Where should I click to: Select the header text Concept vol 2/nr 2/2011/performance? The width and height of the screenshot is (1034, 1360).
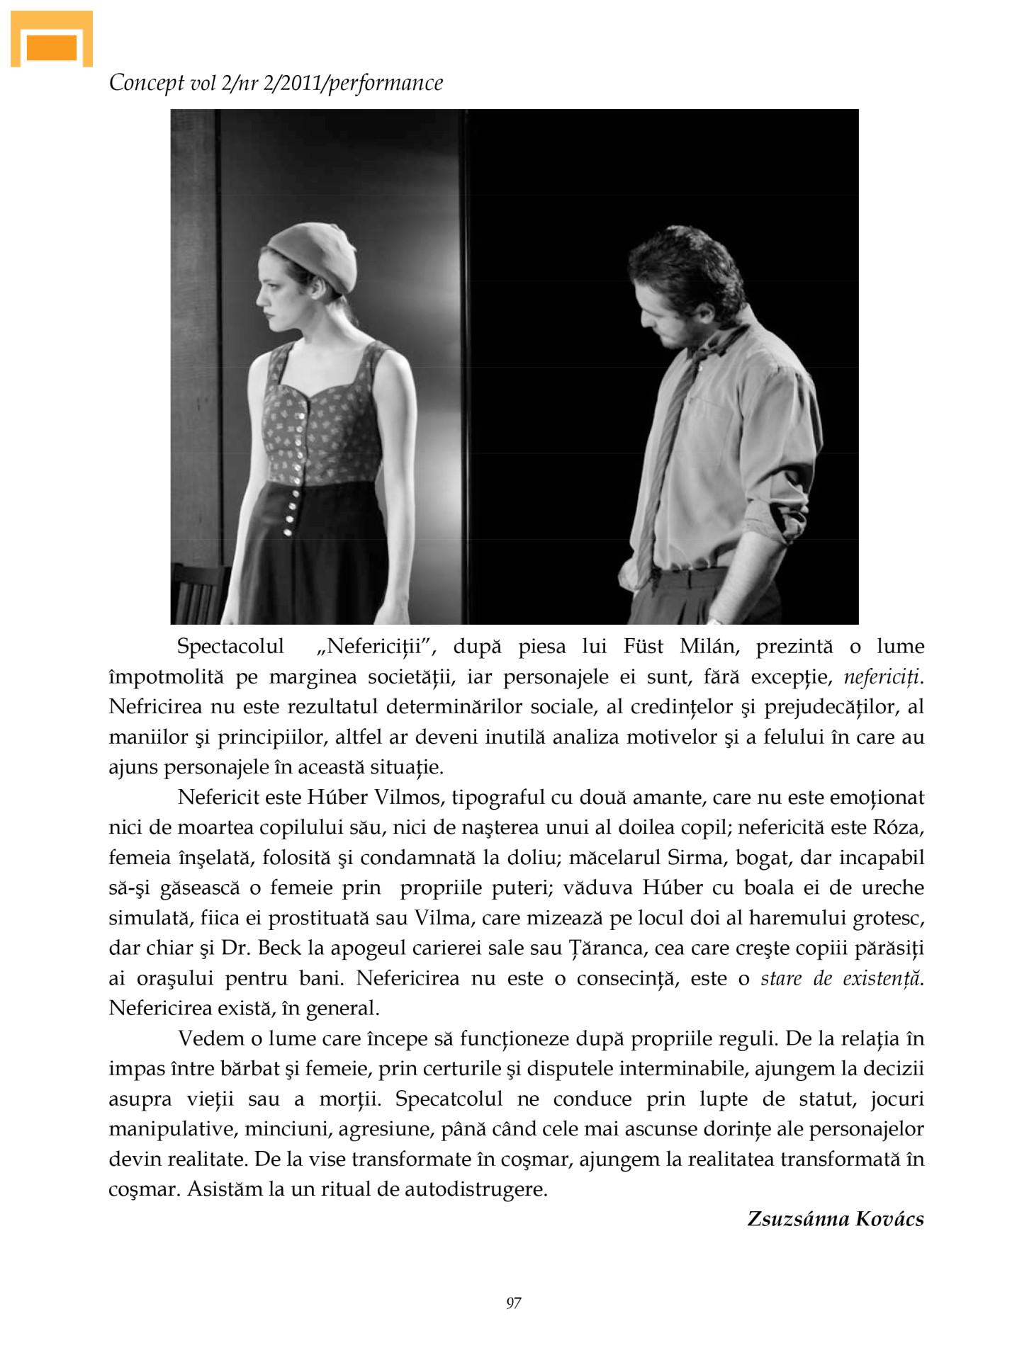[276, 83]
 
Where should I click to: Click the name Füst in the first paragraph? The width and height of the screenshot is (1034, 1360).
[644, 647]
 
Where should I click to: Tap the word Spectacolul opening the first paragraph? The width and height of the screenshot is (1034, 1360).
[230, 647]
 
